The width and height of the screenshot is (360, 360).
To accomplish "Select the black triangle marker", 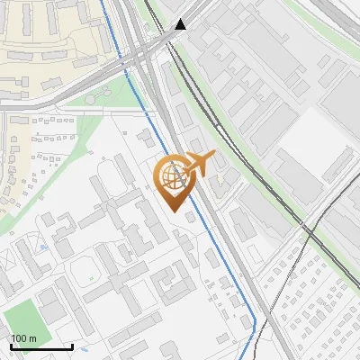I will (x=182, y=24).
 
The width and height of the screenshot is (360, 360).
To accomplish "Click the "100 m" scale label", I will (x=23, y=337).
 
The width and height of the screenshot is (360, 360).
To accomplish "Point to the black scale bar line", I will (x=41, y=347).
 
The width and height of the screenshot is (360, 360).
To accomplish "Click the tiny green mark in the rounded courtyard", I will (x=90, y=269).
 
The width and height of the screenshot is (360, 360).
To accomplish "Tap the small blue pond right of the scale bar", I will (x=83, y=348).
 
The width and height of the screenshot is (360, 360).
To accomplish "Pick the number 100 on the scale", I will (x=19, y=337).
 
